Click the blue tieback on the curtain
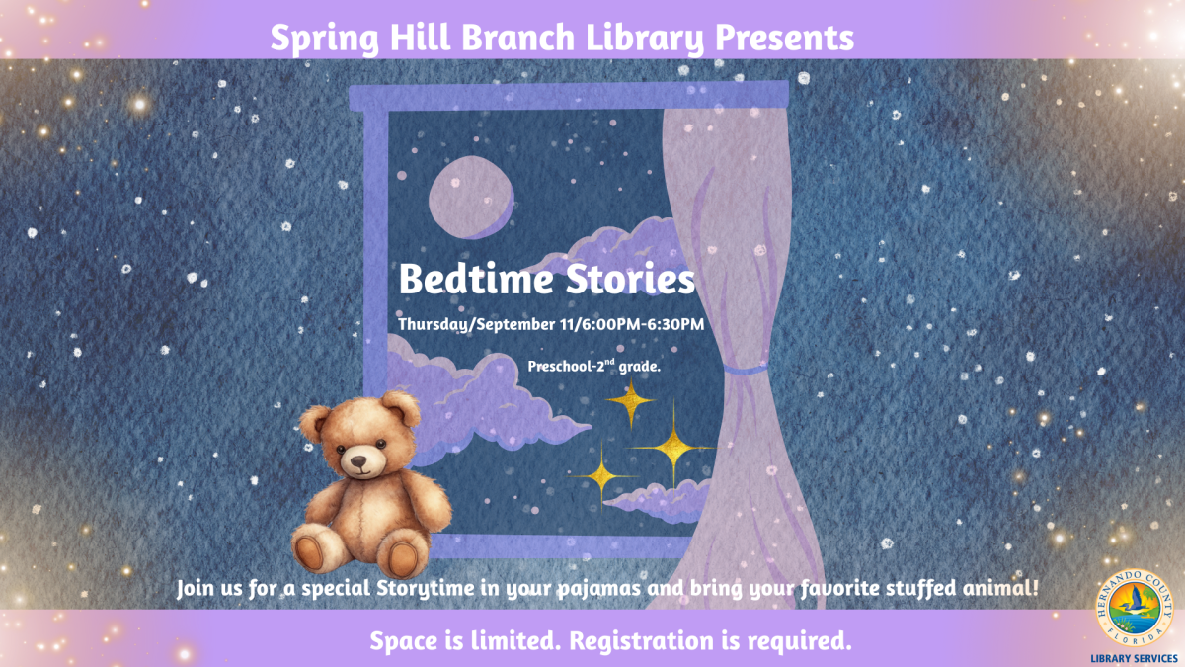pyautogui.click(x=745, y=369)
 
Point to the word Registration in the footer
pyautogui.click(x=647, y=641)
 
